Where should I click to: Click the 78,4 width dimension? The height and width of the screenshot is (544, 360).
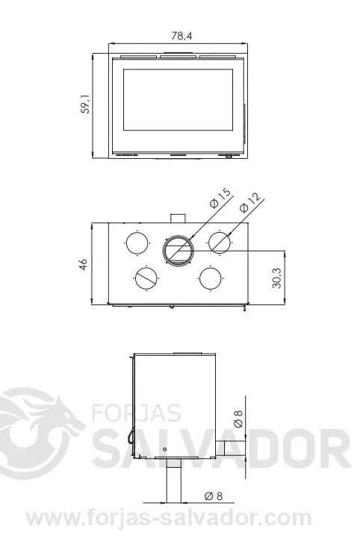pos(181,35)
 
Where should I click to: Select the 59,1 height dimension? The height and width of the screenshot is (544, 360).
pos(85,104)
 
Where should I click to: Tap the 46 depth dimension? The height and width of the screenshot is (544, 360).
pos(84,264)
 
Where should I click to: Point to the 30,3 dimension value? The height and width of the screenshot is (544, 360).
pos(277,278)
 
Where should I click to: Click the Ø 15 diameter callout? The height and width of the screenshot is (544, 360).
pos(220,198)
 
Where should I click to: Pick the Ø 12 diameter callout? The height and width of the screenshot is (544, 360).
pos(249,202)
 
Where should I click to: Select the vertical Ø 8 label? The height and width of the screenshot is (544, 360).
pos(238,419)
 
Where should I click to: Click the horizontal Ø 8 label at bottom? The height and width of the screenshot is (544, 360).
pos(214,496)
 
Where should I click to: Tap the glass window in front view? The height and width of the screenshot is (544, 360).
pos(178,99)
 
